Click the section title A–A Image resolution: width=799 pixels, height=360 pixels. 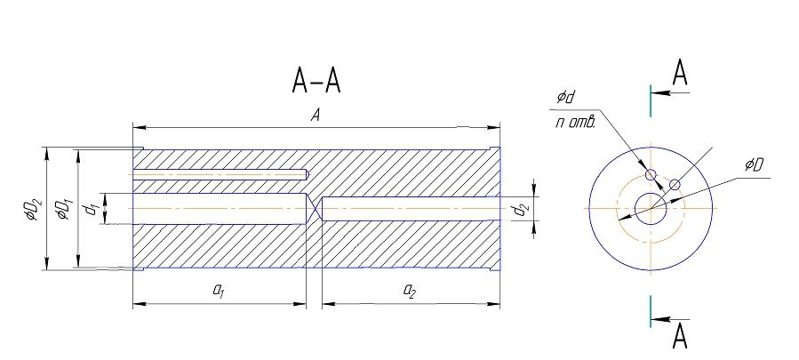point(316,81)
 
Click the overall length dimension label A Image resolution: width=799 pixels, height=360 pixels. point(316,116)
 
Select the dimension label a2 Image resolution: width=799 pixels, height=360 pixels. point(409,291)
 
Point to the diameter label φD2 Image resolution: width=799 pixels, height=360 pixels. point(31,210)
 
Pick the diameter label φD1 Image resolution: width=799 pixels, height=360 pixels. point(63,210)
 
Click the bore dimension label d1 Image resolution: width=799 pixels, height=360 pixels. point(92,209)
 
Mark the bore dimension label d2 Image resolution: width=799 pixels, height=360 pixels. point(520,209)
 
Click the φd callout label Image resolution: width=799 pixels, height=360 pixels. point(565,97)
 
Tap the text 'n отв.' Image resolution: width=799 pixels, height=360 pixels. point(575,123)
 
